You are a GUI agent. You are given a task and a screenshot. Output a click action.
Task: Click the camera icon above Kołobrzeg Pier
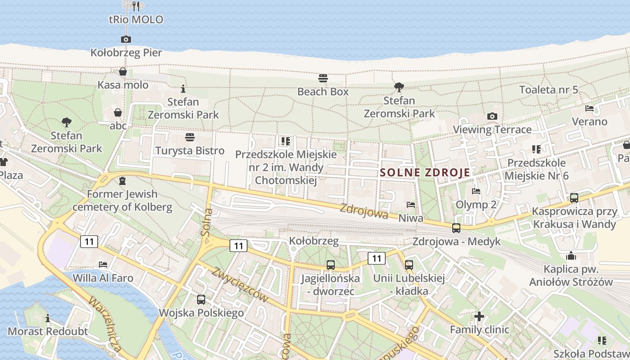tap(126, 40)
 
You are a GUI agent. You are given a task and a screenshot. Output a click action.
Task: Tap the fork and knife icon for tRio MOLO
tap(136, 6)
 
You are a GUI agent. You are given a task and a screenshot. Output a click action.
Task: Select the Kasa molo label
tap(123, 85)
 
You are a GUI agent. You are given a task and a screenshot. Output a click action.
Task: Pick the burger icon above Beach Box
tap(323, 78)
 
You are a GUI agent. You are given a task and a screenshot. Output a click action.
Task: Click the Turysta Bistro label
tap(190, 150)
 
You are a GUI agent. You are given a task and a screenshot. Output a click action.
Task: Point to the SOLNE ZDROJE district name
tap(425, 172)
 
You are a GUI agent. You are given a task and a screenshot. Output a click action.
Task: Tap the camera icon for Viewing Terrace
tap(492, 117)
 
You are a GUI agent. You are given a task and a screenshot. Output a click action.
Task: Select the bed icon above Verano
tap(589, 108)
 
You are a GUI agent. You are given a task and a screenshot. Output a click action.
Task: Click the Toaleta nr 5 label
tap(549, 90)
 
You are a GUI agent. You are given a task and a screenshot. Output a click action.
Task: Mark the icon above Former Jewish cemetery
tap(122, 181)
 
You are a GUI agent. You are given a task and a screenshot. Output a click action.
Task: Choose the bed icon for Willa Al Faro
tap(103, 265)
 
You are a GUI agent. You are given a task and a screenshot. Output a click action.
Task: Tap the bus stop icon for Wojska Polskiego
tap(201, 299)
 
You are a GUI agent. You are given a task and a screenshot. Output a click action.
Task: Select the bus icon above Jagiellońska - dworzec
tap(331, 265)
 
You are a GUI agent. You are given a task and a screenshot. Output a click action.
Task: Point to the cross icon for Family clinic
tap(479, 316)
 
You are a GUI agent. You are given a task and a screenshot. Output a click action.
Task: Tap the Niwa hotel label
tap(411, 218)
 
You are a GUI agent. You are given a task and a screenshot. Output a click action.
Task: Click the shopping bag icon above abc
tap(118, 112)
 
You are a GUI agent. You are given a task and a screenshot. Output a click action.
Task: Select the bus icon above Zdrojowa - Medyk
tap(456, 228)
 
